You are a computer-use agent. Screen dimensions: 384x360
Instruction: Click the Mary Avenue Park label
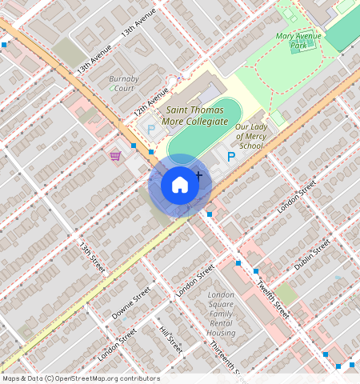pos(298,41)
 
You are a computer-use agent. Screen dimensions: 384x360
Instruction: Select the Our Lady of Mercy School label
pos(250,136)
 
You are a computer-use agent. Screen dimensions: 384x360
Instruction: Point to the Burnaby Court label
pos(123,83)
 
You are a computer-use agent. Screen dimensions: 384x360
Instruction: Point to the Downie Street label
pos(131,303)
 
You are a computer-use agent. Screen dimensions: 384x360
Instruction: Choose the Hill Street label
pos(170,339)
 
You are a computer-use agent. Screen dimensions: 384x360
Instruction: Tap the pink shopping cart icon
pos(115,155)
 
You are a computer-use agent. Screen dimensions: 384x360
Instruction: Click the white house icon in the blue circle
pos(180,186)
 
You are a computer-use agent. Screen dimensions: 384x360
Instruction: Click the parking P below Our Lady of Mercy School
pos(231,158)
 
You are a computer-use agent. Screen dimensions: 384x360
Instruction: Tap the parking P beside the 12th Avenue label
pos(149,128)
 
